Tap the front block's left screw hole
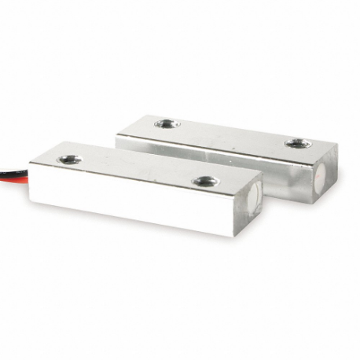point(69,160)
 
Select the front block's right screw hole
point(206,181)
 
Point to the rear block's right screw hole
point(297,143)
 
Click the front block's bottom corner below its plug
point(240,234)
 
